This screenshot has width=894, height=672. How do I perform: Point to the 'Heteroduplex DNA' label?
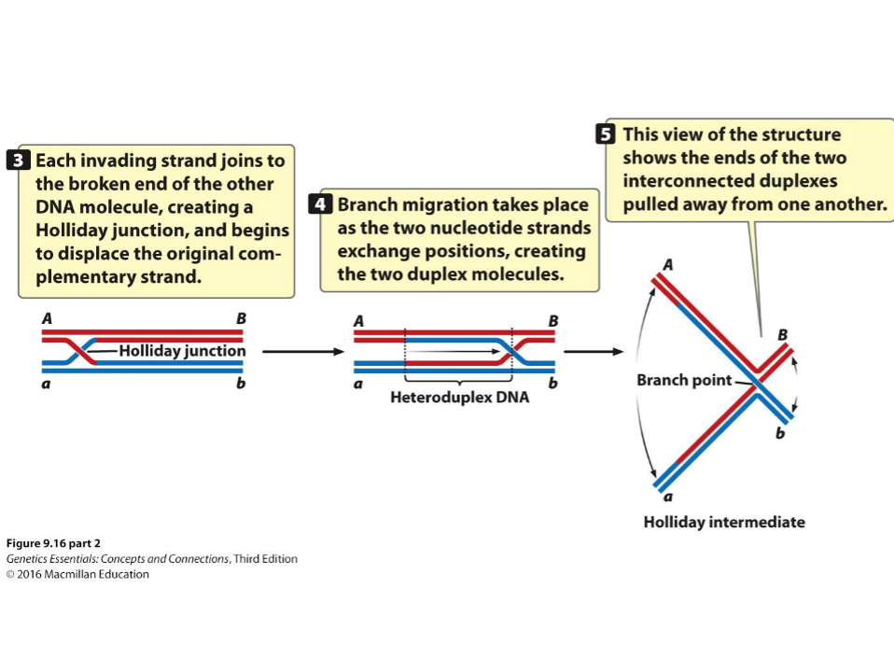[458, 398]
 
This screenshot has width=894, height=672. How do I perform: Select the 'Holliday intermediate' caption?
[723, 522]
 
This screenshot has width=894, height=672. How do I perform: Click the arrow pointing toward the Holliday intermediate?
[594, 352]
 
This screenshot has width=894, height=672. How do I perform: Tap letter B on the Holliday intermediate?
[782, 333]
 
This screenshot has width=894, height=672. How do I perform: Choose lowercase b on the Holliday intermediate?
[780, 434]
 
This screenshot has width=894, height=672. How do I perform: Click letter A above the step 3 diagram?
[47, 318]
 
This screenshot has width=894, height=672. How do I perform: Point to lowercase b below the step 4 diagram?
[552, 383]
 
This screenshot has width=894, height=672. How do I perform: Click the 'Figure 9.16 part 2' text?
[53, 543]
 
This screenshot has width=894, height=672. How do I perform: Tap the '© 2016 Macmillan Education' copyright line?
[77, 574]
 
